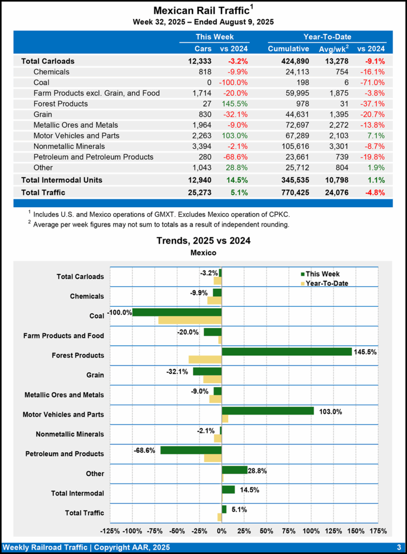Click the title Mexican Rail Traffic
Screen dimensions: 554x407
[x=201, y=10]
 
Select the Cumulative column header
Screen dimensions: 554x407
[x=288, y=49]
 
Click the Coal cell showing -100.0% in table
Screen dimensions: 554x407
[x=234, y=82]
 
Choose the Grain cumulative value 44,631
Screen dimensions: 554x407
[x=297, y=114]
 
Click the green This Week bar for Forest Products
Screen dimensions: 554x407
[x=287, y=352]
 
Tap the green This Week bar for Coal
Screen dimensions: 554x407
[x=177, y=312]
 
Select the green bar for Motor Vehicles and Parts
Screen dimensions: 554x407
[x=268, y=411]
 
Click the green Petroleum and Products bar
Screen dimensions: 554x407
[x=191, y=450]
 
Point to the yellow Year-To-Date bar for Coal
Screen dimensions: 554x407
[x=190, y=320]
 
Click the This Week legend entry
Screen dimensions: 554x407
[x=322, y=274]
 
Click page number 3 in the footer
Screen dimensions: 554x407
[x=398, y=547]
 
